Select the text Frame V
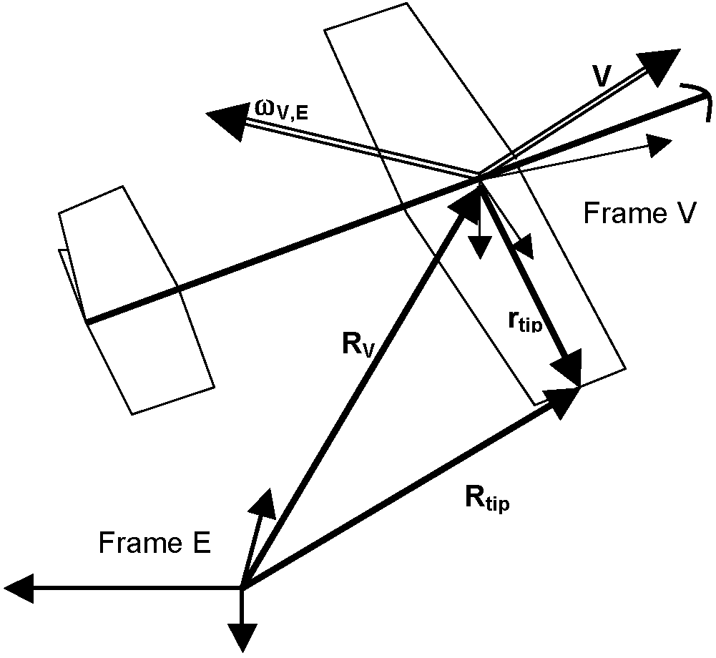pos(638,214)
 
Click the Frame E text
pos(155,544)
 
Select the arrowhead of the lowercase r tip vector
pos(569,370)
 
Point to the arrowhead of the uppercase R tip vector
pos(563,399)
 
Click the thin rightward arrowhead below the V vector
pos(658,145)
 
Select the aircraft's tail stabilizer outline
pos(136,300)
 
